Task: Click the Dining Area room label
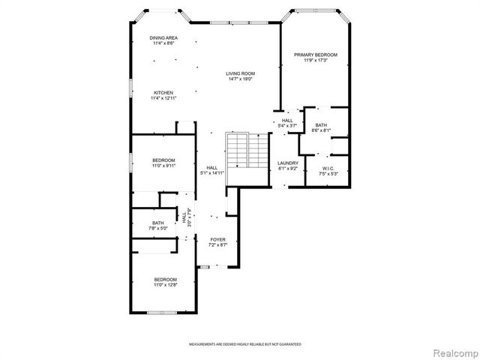[x=163, y=38]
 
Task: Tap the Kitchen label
[x=163, y=93]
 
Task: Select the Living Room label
[x=240, y=73]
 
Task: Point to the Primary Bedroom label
[x=315, y=55]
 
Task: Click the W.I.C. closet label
[x=328, y=168]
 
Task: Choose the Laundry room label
[x=288, y=163]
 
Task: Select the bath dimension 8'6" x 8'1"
[x=322, y=130]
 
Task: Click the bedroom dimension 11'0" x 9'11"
[x=163, y=166]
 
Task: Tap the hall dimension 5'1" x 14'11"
[x=212, y=173]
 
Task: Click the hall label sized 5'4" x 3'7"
[x=287, y=125]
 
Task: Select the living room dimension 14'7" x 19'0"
[x=240, y=79]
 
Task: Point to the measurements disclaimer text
[x=245, y=344]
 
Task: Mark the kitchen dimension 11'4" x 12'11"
[x=163, y=98]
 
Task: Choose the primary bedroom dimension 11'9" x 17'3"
[x=315, y=60]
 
